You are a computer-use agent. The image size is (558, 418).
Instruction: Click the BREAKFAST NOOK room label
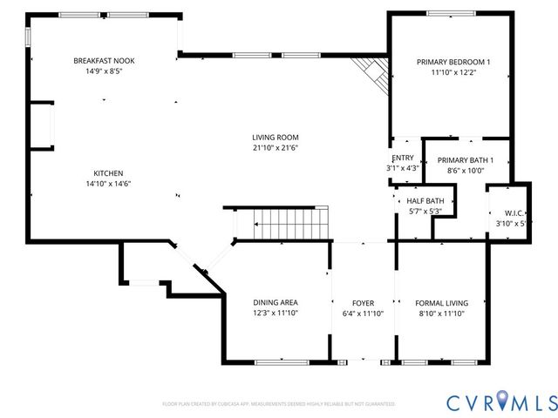(104, 61)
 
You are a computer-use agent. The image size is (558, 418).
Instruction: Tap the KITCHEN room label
(109, 172)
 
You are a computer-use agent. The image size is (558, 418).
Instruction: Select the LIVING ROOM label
(276, 137)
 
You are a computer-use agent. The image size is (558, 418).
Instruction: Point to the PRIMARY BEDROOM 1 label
(453, 62)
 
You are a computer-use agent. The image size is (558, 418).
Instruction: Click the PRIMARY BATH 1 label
(465, 160)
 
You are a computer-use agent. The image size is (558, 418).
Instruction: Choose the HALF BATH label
(425, 200)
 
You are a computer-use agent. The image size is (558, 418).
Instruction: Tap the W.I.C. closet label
(514, 213)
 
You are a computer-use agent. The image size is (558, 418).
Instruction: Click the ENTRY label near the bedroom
(403, 157)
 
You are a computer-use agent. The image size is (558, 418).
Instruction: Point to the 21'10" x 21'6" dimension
(276, 148)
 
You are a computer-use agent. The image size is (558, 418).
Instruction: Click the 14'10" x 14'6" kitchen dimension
(109, 184)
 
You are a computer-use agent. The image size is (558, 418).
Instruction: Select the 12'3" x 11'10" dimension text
(276, 313)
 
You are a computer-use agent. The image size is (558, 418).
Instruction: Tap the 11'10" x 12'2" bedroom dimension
(453, 73)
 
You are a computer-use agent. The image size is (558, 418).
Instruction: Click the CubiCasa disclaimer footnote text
(279, 404)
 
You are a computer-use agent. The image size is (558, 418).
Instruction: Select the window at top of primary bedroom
(452, 12)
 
